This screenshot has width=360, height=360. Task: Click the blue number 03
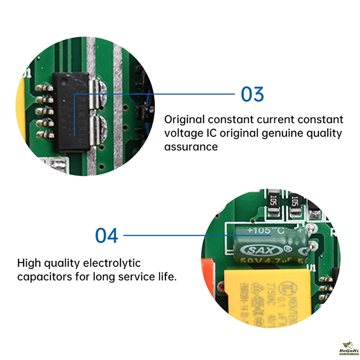tap(252, 94)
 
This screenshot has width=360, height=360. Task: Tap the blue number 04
tap(107, 235)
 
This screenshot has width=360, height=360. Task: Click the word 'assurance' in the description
tap(191, 147)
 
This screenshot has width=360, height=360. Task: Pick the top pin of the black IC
tap(44, 88)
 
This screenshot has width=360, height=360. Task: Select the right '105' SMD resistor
tap(295, 200)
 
